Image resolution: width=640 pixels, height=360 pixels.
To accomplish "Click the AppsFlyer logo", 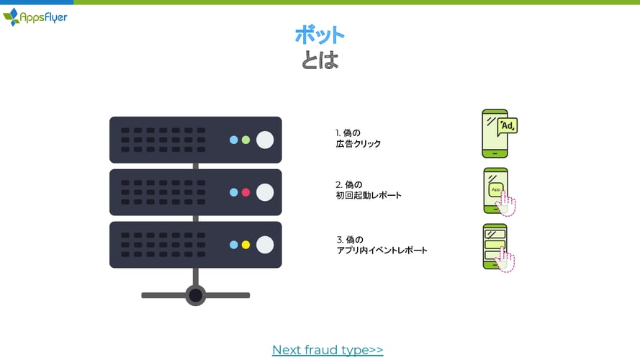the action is pos(35,17).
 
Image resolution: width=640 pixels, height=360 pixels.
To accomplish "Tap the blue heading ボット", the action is pos(320,35).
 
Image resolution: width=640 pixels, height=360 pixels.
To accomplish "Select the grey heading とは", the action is pos(320,60).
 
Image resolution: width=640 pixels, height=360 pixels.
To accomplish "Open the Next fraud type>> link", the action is pos(328,350).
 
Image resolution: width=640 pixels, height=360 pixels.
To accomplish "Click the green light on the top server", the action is pos(245,140).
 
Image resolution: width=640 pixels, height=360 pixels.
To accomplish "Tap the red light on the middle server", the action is pos(245,192).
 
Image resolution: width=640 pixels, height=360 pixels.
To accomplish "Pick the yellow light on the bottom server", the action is pos(245,245).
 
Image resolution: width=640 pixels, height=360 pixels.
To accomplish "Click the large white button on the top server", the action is pos(265,140).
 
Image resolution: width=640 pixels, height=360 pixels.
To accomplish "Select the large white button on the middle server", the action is pos(265,192).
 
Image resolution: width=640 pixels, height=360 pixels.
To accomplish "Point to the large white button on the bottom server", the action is pos(265,245).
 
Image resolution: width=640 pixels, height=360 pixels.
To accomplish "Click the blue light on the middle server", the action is pos(234,192).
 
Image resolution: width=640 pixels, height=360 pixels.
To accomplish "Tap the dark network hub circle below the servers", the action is pos(196,295).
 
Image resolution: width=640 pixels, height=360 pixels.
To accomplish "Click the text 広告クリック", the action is pos(359,144).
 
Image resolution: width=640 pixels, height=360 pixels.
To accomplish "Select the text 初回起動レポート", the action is pos(369,195).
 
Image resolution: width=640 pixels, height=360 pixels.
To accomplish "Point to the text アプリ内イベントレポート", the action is pos(382,251).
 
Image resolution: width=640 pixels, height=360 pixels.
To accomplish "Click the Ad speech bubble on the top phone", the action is pos(508,126).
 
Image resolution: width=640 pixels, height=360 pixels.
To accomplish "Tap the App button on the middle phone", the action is pos(496,189).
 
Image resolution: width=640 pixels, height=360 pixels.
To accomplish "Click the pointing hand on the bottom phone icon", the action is pos(505,260).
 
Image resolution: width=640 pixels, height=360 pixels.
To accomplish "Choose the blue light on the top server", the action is pos(234,140).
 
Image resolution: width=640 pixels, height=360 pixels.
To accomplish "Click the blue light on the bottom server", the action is pos(234,245).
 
